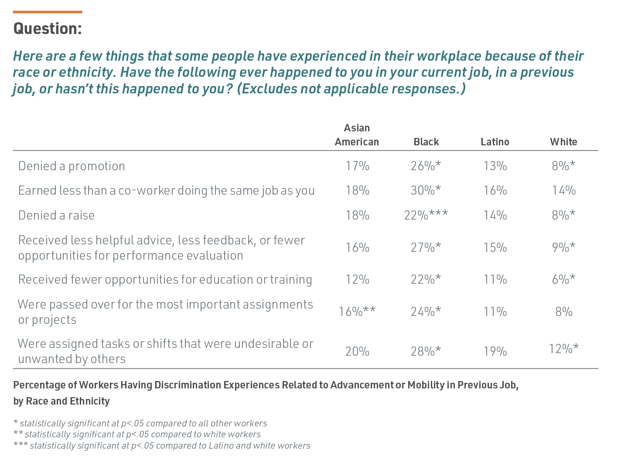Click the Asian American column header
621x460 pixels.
click(x=357, y=135)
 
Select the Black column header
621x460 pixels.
click(x=426, y=142)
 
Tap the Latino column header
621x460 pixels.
click(x=495, y=142)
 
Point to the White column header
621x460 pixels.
click(x=563, y=142)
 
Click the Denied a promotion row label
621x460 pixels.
click(x=72, y=166)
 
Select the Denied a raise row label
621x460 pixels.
click(x=56, y=215)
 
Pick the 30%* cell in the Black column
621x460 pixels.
click(x=426, y=190)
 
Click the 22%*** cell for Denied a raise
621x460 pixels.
click(x=426, y=215)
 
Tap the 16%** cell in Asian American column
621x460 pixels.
click(x=357, y=312)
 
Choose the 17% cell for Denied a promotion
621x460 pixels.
click(x=357, y=166)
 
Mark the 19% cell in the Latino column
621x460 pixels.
click(x=495, y=351)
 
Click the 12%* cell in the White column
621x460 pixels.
click(x=563, y=349)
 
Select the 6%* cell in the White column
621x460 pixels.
click(x=563, y=279)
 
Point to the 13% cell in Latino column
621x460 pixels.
click(x=495, y=166)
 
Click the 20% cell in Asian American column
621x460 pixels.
click(x=357, y=351)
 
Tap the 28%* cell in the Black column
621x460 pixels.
click(x=426, y=351)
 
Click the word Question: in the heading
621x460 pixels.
click(x=48, y=29)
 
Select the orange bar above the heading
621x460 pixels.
click(x=48, y=12)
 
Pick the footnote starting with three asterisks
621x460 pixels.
click(x=162, y=446)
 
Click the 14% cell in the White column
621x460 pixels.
click(x=563, y=190)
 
